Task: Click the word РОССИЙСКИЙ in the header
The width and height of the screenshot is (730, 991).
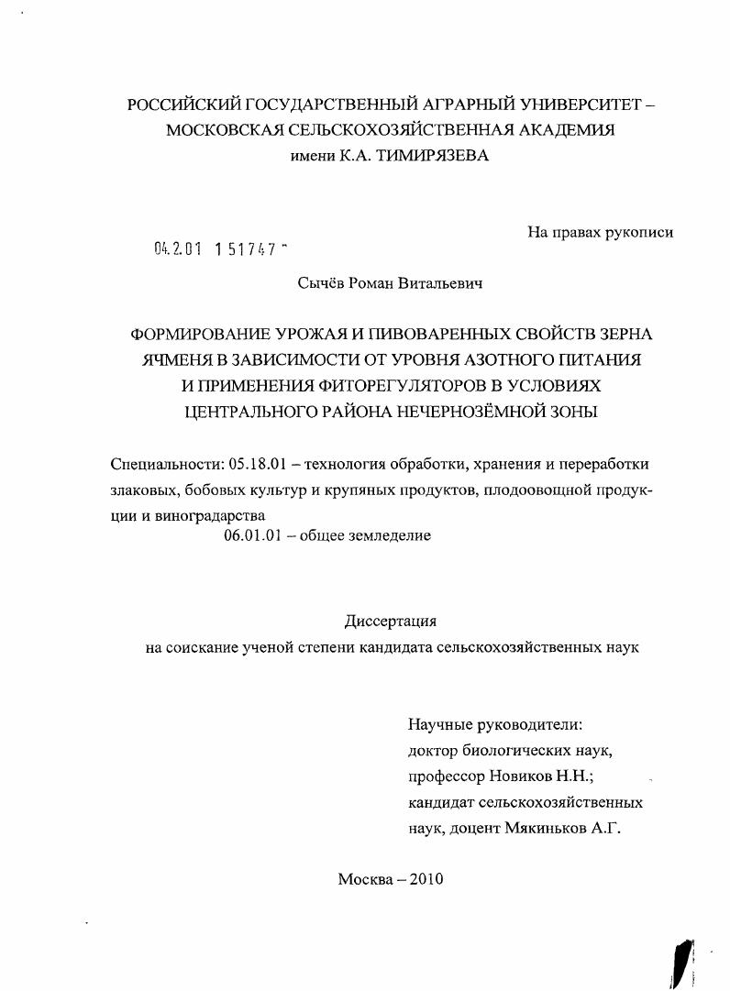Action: pos(186,105)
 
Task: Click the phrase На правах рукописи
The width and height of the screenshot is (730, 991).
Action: pos(600,232)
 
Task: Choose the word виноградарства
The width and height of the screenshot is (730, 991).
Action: pos(202,515)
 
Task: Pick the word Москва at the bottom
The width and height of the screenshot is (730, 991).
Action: pos(365,879)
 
